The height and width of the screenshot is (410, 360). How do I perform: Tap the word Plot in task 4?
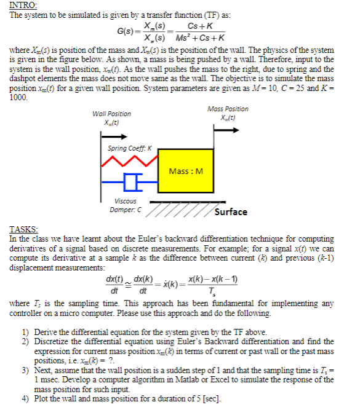[x=41, y=396]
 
